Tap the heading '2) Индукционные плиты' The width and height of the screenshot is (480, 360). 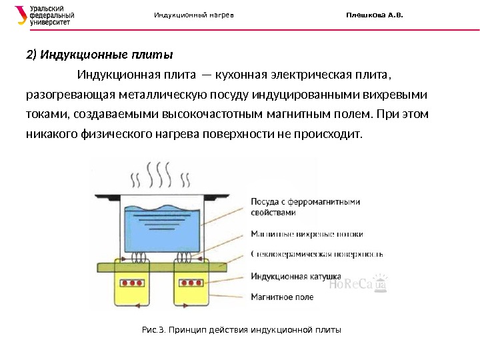[99, 54]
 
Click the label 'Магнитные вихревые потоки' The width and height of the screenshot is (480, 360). [307, 234]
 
